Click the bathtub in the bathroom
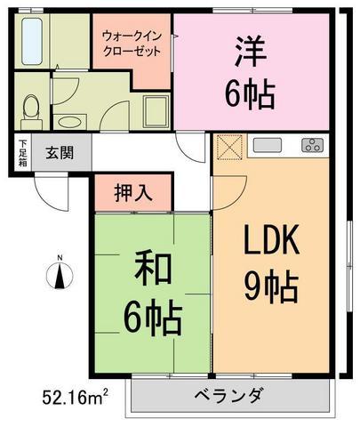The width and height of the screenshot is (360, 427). tap(32, 41)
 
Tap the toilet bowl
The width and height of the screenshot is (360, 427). tap(31, 111)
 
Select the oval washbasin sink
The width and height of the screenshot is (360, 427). tap(69, 122)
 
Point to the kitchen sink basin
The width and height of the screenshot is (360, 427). tap(267, 146)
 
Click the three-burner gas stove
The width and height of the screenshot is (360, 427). tap(313, 146)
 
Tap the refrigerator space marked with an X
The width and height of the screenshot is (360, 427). tap(230, 147)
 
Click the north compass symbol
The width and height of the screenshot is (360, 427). tap(60, 274)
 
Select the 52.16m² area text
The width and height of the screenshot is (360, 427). tap(76, 397)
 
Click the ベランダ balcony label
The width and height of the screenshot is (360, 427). tap(229, 395)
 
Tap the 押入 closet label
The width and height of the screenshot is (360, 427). tap(133, 193)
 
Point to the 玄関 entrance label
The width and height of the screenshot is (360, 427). tap(60, 152)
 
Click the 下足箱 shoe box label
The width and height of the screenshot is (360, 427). tap(23, 152)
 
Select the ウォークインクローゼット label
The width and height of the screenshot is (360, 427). tap(132, 44)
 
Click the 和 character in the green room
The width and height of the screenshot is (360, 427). tap(153, 270)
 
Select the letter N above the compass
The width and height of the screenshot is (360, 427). tap(60, 257)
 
